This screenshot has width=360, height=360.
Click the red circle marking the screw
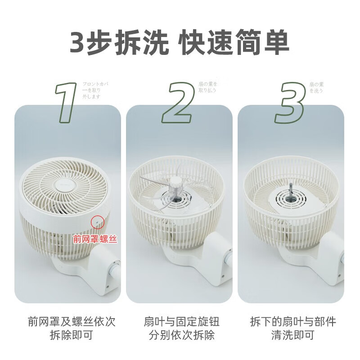click(97, 221)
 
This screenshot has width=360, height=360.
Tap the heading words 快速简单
click(234, 44)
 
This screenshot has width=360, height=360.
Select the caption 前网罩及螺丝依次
click(72, 322)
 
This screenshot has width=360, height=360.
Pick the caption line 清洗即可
click(293, 335)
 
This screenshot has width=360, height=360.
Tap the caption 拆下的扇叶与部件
click(293, 322)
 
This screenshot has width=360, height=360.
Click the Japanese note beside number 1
click(95, 90)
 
